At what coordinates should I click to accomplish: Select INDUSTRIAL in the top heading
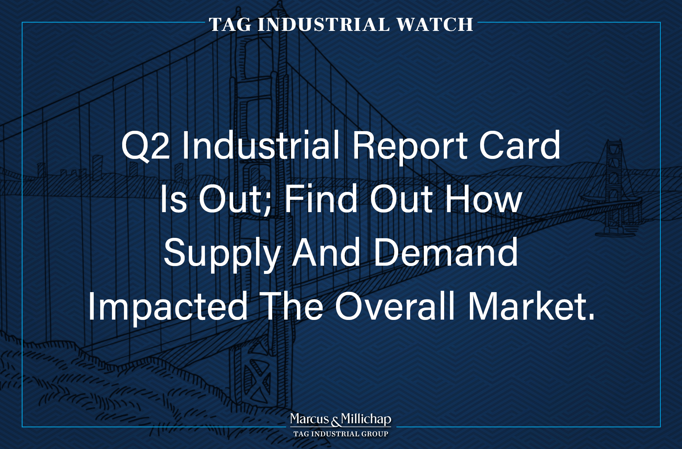pos(324,25)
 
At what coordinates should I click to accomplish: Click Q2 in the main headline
pos(146,146)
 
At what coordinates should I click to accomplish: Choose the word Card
pos(520,146)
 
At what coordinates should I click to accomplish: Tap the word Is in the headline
pos(174,199)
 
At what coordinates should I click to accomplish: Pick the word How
pos(484,199)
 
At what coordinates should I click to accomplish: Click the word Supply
pos(222,254)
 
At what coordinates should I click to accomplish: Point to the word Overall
pos(395,306)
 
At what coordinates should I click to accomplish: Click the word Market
pos(531,306)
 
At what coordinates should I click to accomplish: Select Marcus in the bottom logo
pos(310,419)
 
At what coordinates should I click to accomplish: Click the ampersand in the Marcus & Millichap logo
pos(335,421)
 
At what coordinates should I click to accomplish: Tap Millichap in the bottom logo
pos(366,419)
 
